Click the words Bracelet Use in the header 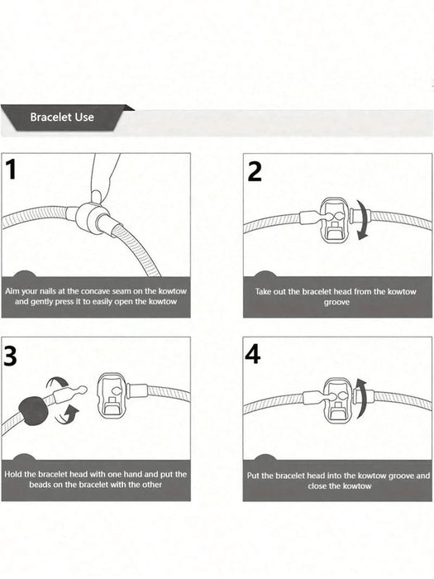pos(62,117)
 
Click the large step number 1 pos(11,170)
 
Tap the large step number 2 pos(255,171)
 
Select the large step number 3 pos(10,356)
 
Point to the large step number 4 pos(253,354)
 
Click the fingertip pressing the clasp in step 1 pos(97,196)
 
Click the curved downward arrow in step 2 pos(362,220)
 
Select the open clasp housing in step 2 pos(334,221)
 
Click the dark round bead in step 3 pos(33,411)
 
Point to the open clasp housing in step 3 pos(112,395)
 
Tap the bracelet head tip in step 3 pos(82,390)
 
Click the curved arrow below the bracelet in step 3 pos(66,414)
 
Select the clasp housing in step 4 pos(337,400)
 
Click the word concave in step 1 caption pos(96,291)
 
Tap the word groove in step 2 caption pos(336,303)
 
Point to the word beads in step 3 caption pos(41,485)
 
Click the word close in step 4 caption pos(317,486)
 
